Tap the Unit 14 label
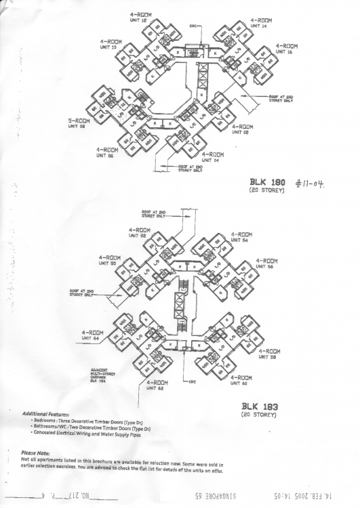tap(261, 22)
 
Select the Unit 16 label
tap(286, 48)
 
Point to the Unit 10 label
tap(111, 44)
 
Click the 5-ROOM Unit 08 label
tap(79, 123)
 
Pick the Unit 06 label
tap(107, 152)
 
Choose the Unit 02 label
tap(243, 129)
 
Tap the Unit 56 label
tap(266, 263)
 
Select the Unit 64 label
tap(92, 335)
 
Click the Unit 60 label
tap(241, 380)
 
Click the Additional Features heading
tap(48, 414)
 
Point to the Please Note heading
tap(35, 452)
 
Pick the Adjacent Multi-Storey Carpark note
tap(99, 376)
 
